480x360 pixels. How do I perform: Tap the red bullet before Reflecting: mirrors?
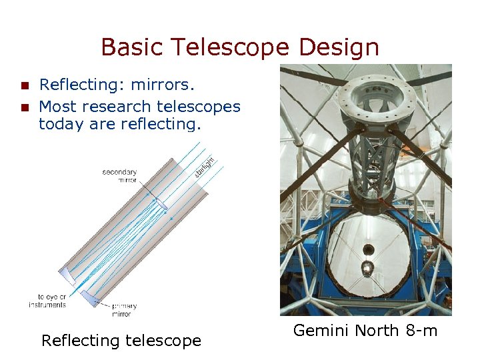(x=25, y=85)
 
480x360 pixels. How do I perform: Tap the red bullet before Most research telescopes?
(x=25, y=107)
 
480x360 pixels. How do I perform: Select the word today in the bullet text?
(x=59, y=123)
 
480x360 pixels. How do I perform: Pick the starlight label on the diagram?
(x=205, y=167)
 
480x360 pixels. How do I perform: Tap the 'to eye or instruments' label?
(x=47, y=301)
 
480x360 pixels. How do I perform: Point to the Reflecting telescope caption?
(x=121, y=341)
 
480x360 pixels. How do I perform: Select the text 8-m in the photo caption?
(x=421, y=330)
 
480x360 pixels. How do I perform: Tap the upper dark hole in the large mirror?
(x=367, y=250)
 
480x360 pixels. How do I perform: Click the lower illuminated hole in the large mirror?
(x=367, y=268)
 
